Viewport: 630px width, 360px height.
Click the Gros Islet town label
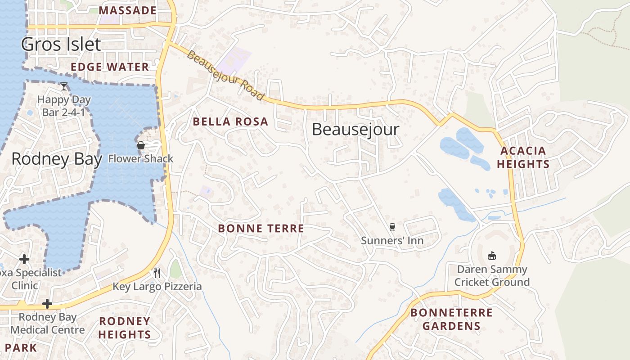[x=61, y=44]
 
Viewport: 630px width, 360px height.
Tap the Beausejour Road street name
[x=225, y=76]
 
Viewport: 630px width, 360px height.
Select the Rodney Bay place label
[x=57, y=159]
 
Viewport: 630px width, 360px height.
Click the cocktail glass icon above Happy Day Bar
[x=64, y=86]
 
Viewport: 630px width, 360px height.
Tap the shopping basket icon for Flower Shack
[x=141, y=145]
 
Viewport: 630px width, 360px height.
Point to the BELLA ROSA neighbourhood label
[x=230, y=121]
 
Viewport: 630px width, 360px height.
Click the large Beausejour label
[x=355, y=130]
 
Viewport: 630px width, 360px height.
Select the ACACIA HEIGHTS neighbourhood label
[x=523, y=157]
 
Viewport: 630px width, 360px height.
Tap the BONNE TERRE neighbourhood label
[x=261, y=229]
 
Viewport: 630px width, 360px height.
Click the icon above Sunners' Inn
[x=392, y=227]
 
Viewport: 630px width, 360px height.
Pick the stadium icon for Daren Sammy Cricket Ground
[x=492, y=256]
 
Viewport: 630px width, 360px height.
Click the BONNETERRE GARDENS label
[x=451, y=319]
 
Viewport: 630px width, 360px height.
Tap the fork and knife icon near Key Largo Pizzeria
[x=157, y=273]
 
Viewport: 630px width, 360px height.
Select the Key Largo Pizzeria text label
[x=157, y=286]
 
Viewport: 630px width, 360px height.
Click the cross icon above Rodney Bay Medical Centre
[x=47, y=304]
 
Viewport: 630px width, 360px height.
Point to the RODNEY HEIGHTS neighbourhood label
[x=125, y=328]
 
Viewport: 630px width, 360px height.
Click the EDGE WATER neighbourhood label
[x=110, y=67]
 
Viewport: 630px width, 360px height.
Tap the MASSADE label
[x=128, y=10]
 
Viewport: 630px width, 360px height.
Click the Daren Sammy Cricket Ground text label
[x=492, y=276]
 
